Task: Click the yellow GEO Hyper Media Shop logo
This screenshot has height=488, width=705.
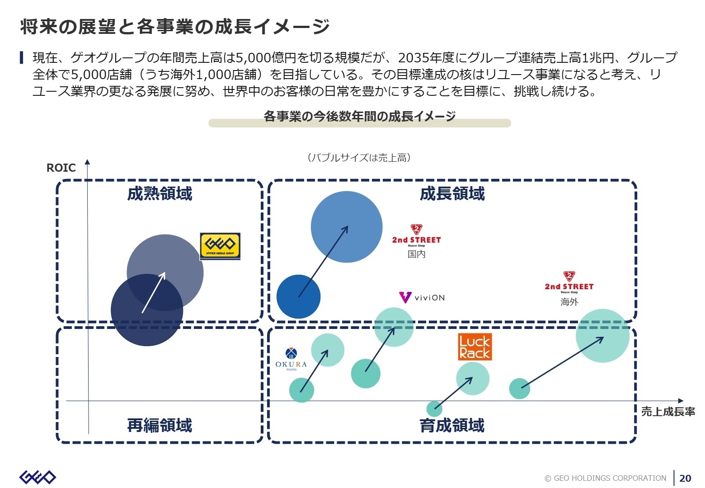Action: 220,246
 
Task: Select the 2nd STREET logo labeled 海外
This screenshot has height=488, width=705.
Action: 569,283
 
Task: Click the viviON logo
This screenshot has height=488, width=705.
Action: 422,298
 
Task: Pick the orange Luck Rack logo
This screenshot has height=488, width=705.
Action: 475,347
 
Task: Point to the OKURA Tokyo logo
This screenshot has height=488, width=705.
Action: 291,360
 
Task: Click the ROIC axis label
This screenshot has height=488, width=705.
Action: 61,168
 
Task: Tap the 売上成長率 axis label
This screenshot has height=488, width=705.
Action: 667,412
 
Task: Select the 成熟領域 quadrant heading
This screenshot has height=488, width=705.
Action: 160,194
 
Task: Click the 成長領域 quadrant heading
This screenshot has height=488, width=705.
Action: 452,194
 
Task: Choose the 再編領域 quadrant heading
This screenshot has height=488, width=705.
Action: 160,425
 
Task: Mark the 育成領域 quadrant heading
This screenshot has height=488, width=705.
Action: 452,425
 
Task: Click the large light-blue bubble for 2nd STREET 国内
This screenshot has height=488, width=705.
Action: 347,227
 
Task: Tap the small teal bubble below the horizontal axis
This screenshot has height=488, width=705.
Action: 434,409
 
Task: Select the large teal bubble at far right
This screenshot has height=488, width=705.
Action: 602,336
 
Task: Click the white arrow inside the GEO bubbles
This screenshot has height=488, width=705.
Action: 154,292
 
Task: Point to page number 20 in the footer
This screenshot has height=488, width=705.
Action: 685,478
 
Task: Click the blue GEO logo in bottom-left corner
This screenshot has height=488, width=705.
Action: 38,477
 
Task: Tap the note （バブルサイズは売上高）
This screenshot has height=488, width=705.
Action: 359,158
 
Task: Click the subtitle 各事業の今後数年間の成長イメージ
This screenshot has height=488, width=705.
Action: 359,117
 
